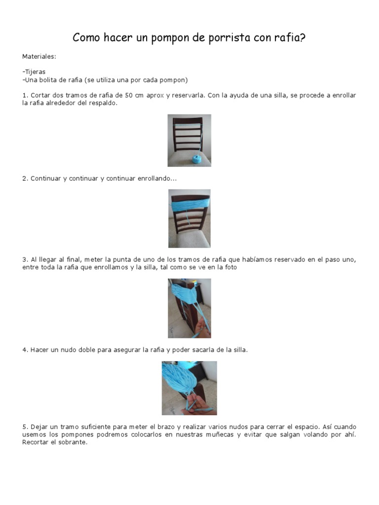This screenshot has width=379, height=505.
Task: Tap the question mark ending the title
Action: point(303,37)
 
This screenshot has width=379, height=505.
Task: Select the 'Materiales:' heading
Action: point(39,57)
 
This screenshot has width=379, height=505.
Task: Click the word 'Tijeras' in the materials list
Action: point(35,72)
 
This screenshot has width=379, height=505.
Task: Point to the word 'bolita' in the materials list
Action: point(48,80)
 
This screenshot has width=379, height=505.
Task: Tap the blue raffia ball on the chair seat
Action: point(196,159)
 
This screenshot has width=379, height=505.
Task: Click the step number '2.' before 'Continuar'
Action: point(25,179)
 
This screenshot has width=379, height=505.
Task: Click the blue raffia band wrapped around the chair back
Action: point(189,205)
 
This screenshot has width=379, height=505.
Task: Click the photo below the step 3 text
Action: point(189,308)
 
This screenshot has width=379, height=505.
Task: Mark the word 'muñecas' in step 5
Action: point(220,435)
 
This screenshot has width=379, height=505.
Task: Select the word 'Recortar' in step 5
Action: point(35,442)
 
